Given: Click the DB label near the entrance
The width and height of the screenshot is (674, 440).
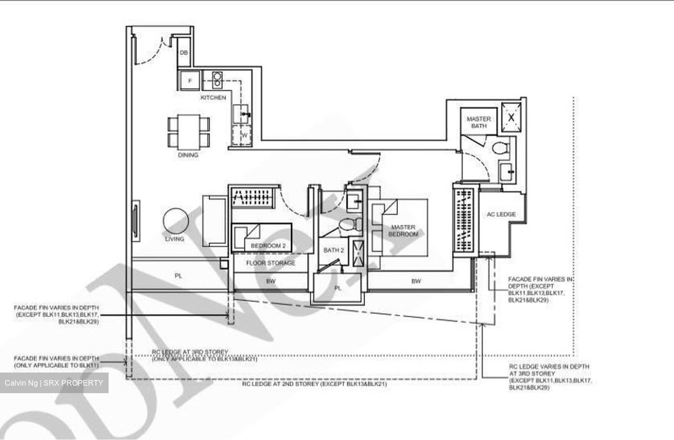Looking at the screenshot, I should [184, 53].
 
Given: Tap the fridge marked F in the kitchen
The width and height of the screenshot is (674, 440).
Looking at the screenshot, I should [190, 81].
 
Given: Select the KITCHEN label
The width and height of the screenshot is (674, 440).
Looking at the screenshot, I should [213, 97].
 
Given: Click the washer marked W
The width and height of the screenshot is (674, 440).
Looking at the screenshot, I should [243, 135].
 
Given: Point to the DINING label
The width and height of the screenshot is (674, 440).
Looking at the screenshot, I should [188, 155].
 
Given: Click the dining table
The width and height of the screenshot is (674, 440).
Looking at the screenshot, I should [188, 131].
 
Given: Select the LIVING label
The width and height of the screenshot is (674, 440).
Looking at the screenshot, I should [175, 239].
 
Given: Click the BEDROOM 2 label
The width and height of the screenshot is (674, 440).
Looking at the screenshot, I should [268, 246].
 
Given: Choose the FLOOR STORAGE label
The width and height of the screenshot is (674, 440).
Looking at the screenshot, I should [271, 263].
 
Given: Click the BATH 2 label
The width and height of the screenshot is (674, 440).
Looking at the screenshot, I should [334, 250].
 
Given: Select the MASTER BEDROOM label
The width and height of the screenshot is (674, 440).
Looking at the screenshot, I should [403, 231].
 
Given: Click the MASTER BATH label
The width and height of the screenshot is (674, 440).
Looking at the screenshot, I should [479, 122].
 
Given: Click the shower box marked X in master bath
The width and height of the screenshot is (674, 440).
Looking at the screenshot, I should [511, 117].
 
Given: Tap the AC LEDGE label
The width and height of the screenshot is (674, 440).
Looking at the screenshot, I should [501, 215].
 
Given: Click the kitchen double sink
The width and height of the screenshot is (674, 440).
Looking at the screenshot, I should [218, 80].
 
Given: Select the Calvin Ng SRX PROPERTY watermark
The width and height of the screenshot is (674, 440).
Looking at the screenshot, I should [54, 383].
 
